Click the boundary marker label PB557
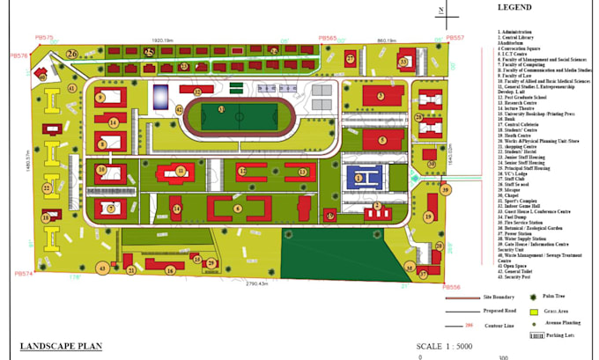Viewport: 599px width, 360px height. click(x=455, y=39)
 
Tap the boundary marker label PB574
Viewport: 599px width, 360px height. click(x=24, y=274)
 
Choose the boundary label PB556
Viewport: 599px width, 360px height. click(x=451, y=287)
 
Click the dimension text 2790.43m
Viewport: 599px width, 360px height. click(x=256, y=283)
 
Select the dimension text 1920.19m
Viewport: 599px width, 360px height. click(x=166, y=40)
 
